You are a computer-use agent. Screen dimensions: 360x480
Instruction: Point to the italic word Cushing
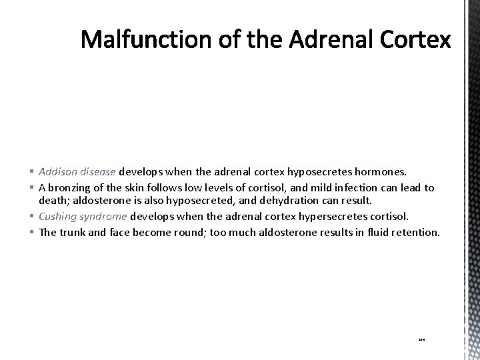[x=59, y=216]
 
